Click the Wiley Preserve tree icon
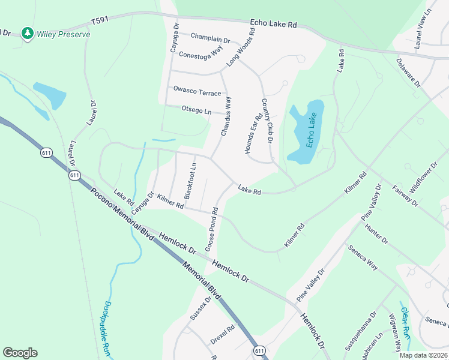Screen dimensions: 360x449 tap(26, 34)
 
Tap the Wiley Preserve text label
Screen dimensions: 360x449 tap(64, 34)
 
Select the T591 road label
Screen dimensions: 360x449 tap(100, 21)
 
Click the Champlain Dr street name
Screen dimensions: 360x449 tap(210, 37)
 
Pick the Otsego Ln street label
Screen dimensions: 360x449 tap(196, 111)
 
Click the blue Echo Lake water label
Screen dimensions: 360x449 tap(310, 131)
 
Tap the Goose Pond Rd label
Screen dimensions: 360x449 tap(212, 230)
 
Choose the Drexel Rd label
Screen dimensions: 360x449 tap(221, 335)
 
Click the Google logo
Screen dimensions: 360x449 tap(20, 353)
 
